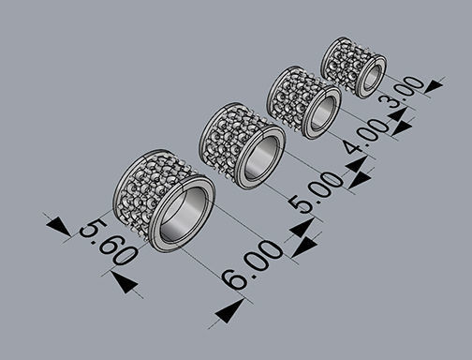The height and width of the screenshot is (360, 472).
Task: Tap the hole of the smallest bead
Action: [371, 77]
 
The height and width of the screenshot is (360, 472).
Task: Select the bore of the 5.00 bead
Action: [259, 158]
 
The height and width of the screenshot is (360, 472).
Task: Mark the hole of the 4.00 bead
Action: [320, 112]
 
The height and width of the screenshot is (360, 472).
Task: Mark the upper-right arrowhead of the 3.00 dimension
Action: [433, 86]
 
